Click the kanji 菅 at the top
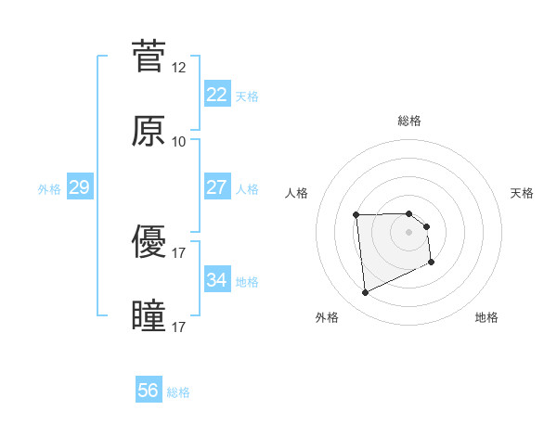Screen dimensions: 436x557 pos(149,57)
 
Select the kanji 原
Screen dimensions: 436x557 pos(149,131)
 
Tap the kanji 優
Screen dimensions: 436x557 pos(149,242)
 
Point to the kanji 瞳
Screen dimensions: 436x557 pos(149,316)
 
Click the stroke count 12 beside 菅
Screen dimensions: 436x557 pos(179,68)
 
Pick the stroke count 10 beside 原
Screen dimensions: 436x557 pos(179,142)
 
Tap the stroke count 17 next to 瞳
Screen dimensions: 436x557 pos(179,327)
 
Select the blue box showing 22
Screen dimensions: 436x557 pos(216,95)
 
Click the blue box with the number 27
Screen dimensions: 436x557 pos(216,187)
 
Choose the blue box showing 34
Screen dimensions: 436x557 pos(216,279)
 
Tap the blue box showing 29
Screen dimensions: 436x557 pos(79,187)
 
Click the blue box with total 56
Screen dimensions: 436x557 pos(148,391)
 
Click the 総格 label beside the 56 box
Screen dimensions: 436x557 pos(178,392)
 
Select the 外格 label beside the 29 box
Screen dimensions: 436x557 pos(49,189)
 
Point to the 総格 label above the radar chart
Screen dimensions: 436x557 pos(408,121)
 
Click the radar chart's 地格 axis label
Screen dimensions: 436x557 pos(486,317)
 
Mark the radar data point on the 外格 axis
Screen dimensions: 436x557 pos(365,293)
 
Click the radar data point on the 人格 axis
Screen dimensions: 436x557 pos(356,215)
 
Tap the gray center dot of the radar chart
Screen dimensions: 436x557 pos(408,232)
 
